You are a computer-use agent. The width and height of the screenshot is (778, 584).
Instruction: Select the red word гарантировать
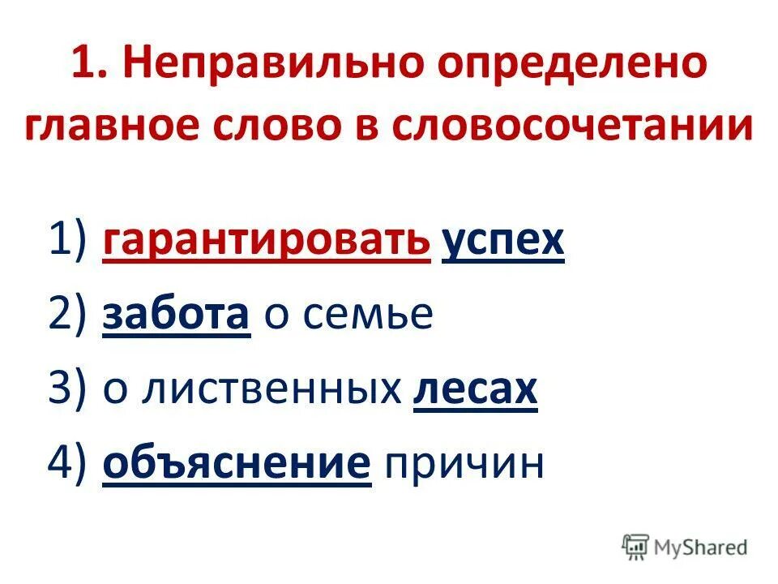pyautogui.click(x=266, y=240)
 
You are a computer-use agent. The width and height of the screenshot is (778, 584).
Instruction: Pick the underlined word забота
pyautogui.click(x=176, y=316)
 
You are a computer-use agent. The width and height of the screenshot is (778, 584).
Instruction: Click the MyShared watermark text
pyautogui.click(x=702, y=547)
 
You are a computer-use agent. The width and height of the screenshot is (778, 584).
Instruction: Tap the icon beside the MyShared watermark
pyautogui.click(x=636, y=547)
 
